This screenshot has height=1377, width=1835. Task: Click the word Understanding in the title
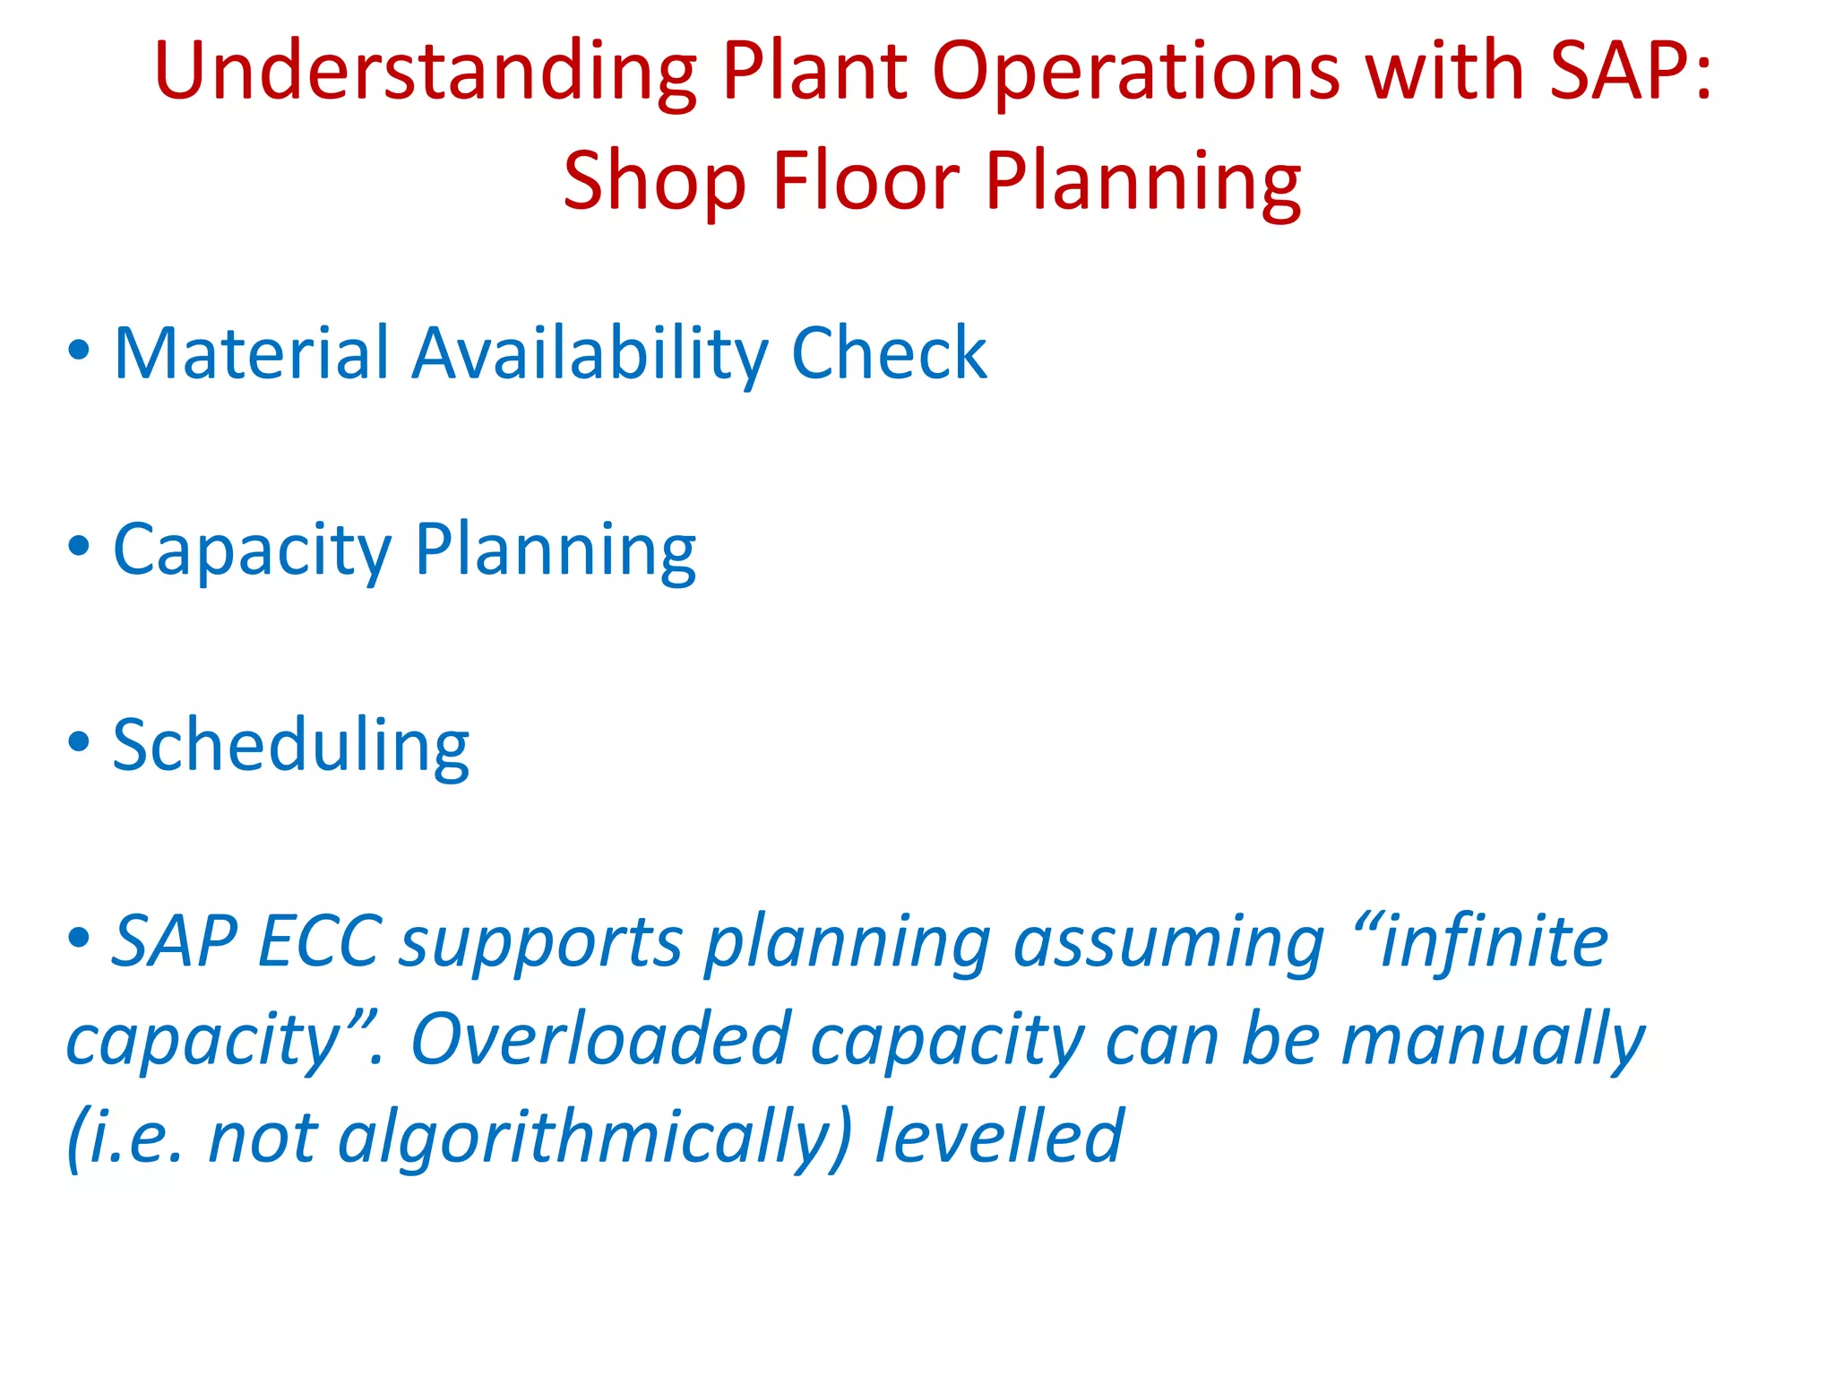(425, 72)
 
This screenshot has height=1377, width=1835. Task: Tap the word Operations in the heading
(1135, 72)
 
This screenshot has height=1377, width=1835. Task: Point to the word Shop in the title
(654, 182)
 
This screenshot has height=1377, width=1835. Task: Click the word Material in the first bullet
(252, 353)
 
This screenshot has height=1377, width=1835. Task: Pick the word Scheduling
(290, 745)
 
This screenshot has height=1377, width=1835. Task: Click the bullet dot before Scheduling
(79, 741)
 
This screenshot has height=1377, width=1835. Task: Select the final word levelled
(998, 1137)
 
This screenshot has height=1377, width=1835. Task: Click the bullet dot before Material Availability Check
(79, 350)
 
